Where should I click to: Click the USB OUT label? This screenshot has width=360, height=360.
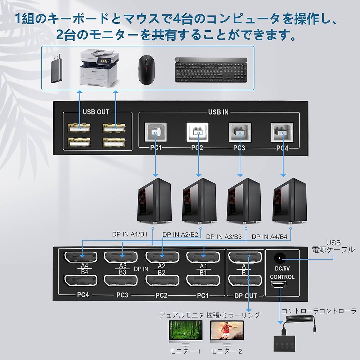(96, 112)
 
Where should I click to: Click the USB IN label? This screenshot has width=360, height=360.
(218, 112)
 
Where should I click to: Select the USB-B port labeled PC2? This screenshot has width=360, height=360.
(197, 132)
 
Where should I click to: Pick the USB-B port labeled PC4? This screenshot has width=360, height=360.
(282, 132)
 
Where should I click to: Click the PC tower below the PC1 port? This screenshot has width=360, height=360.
(155, 200)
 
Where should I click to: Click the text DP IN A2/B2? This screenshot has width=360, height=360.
(180, 235)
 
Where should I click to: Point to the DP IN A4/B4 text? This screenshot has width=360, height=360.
(269, 237)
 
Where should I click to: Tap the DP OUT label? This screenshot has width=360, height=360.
(246, 296)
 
